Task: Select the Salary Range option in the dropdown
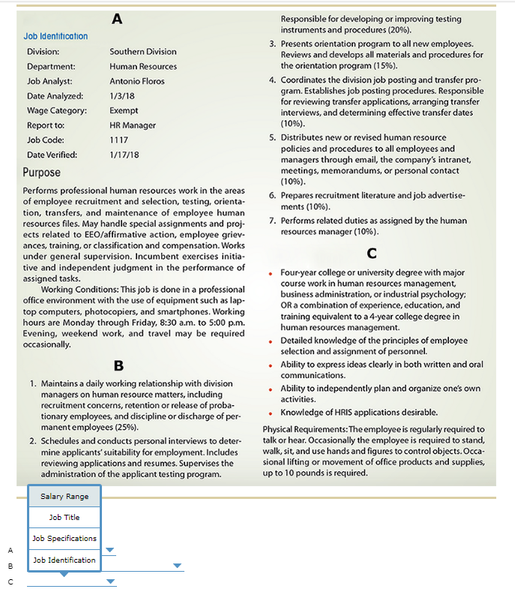64,496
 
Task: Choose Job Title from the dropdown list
64,517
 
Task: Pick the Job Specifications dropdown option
64,538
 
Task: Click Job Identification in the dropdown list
64,560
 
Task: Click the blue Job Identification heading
55,36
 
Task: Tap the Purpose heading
41,172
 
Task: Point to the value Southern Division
143,52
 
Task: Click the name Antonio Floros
136,81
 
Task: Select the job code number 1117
118,140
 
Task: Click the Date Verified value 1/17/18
124,155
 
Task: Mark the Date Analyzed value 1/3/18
122,96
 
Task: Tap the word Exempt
124,110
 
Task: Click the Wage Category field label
57,110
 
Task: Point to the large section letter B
118,366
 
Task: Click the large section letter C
372,253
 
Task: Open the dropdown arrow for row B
178,566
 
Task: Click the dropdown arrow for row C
111,581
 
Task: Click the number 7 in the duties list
273,221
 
